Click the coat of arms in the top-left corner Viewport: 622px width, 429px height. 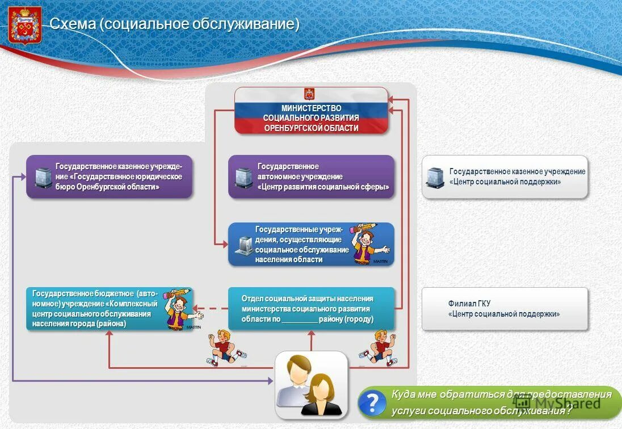click(25, 25)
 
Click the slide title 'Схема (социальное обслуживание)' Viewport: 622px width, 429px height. click(174, 24)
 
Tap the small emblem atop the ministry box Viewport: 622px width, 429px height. click(309, 94)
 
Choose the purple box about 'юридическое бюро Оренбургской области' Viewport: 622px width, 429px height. click(110, 177)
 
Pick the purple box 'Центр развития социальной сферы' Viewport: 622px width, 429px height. click(311, 177)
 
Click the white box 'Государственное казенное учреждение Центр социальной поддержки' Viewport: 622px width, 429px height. click(505, 177)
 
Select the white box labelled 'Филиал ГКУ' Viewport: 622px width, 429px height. click(505, 309)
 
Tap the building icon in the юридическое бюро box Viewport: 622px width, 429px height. click(43, 178)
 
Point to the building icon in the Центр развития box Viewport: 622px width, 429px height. click(243, 178)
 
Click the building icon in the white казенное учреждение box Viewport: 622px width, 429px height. click(435, 178)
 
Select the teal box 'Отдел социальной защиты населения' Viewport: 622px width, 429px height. click(311, 309)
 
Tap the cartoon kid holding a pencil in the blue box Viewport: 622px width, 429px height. click(368, 244)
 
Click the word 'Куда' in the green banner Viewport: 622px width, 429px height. click(404, 394)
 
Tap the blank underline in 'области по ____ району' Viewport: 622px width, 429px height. click(300, 319)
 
